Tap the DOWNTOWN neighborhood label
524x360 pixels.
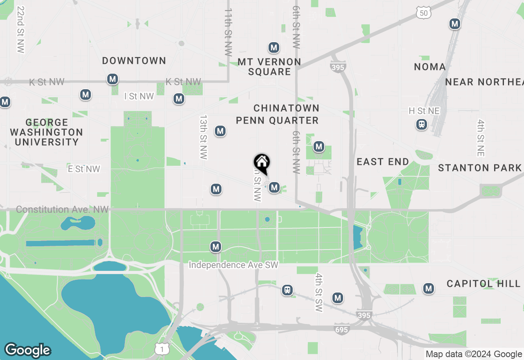134,61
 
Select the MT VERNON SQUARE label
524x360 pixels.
269,67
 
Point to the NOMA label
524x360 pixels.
429,67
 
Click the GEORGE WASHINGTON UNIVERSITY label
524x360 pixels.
46,132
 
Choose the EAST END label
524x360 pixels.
383,162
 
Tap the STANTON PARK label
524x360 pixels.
480,168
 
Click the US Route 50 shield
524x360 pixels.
423,13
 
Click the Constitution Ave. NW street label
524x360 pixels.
62,209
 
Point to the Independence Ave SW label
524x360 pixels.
233,265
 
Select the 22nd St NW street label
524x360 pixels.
20,29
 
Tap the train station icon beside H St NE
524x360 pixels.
421,124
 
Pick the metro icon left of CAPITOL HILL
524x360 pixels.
429,288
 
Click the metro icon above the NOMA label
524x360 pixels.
454,24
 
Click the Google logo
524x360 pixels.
27,350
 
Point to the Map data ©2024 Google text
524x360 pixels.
473,354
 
